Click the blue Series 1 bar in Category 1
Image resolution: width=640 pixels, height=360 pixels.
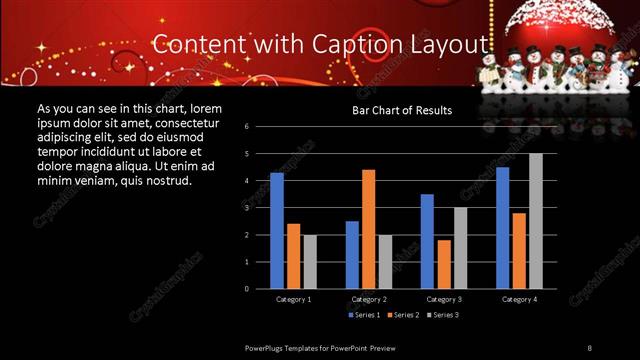[x=277, y=231]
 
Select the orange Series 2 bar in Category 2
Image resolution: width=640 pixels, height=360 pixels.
[x=369, y=229]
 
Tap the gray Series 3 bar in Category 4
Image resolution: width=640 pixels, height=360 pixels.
[x=536, y=221]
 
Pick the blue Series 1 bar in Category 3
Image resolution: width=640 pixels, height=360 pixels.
[x=427, y=241]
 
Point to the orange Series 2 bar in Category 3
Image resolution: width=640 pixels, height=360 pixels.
[x=444, y=264]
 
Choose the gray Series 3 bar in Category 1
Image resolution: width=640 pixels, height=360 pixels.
[x=310, y=261]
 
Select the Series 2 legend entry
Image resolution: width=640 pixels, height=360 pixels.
[x=402, y=315]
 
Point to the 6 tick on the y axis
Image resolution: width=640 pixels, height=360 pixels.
[x=260, y=127]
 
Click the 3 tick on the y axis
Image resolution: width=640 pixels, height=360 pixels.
[x=260, y=208]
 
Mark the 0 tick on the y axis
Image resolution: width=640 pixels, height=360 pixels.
[x=260, y=288]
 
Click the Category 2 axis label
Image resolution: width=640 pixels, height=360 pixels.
[x=369, y=299]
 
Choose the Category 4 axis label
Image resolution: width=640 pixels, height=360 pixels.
[x=519, y=299]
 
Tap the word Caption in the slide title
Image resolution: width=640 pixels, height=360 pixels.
[x=367, y=44]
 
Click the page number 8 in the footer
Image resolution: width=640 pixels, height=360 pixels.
[x=589, y=347]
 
